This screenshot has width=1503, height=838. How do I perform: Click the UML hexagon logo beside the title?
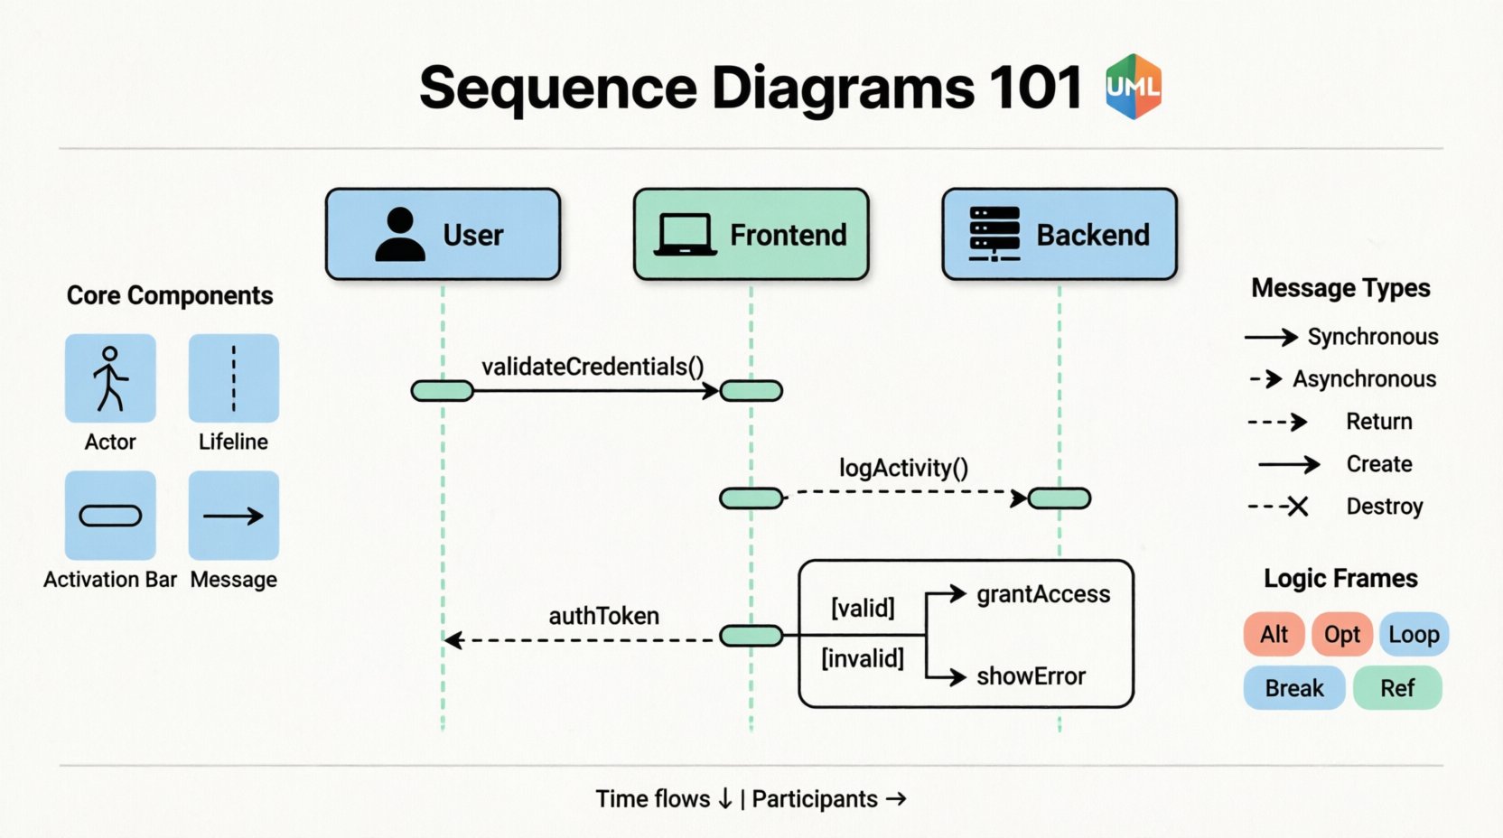[1134, 87]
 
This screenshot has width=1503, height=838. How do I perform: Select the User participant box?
[443, 235]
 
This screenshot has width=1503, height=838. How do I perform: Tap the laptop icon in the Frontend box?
[684, 235]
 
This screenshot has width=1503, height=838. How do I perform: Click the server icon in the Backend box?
[994, 234]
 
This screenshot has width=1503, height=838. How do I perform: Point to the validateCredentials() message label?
[593, 367]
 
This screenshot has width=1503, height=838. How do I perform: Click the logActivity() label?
[903, 468]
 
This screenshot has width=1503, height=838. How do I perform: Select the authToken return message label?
[603, 616]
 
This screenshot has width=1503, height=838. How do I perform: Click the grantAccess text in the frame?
[1043, 594]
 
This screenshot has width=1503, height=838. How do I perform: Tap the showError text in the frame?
[1031, 676]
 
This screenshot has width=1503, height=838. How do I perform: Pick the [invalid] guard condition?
[863, 658]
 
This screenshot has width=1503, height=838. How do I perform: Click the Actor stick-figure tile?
[110, 378]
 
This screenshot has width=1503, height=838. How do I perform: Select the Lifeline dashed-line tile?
[233, 378]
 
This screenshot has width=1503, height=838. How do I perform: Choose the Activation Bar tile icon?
[110, 516]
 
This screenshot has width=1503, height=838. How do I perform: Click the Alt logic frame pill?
[1274, 635]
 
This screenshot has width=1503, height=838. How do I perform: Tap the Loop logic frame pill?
[1414, 635]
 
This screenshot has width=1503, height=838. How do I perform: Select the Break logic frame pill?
[1293, 688]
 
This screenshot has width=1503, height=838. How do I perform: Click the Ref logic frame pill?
[1396, 688]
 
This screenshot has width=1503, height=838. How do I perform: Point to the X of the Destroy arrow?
[1298, 507]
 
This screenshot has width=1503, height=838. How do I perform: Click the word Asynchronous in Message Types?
[1364, 379]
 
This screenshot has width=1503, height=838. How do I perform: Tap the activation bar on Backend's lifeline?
[1060, 498]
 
